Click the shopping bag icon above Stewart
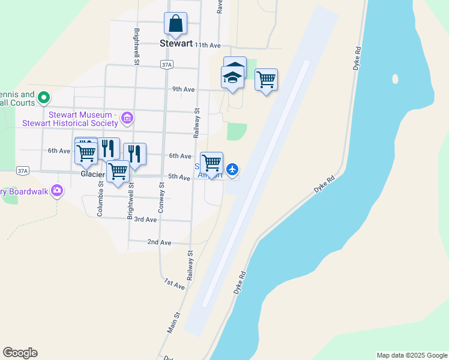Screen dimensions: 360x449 click(x=175, y=24)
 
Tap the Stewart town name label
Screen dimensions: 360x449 click(x=176, y=43)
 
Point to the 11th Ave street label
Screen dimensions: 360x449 click(x=208, y=45)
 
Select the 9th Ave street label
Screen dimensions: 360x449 click(x=184, y=89)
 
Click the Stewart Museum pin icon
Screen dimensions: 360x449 click(x=127, y=118)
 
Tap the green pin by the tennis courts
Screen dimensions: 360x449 click(x=43, y=97)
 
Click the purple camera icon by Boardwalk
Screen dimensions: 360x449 click(x=56, y=191)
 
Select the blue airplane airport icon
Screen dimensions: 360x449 click(x=233, y=170)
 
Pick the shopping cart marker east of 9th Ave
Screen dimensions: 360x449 click(x=266, y=79)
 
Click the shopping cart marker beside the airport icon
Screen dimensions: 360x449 click(x=211, y=163)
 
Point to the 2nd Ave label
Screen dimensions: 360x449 click(x=159, y=242)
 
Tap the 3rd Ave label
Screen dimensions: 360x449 click(x=145, y=220)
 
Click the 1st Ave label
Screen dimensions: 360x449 click(x=174, y=284)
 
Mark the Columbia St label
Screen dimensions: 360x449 click(x=101, y=198)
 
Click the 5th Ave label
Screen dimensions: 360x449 click(x=179, y=177)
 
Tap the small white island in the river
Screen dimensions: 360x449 click(x=394, y=79)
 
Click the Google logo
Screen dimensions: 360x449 click(x=20, y=353)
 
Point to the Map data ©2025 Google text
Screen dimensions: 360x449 click(x=411, y=355)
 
